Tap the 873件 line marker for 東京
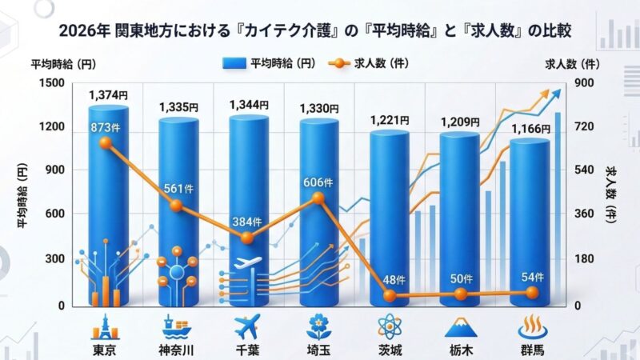tap(106, 143)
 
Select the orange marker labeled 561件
tap(176, 206)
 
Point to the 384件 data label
tap(247, 221)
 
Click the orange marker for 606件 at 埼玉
tap(318, 198)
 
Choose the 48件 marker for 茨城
tap(390, 295)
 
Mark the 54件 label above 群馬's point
tap(531, 277)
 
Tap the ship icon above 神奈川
tap(176, 327)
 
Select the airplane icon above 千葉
tap(246, 327)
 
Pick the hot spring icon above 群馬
tap(531, 327)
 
